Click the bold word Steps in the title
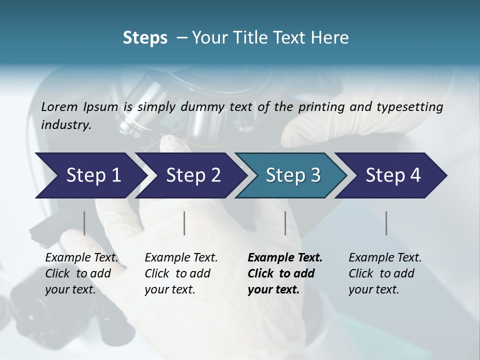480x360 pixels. click(145, 38)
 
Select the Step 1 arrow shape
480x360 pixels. click(90, 175)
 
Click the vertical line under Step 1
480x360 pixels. click(84, 223)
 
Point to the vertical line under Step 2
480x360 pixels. click(184, 223)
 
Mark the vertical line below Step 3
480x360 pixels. click(285, 223)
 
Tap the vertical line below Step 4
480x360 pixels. click(386, 223)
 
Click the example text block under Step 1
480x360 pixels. click(81, 273)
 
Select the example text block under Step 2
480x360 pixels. click(181, 273)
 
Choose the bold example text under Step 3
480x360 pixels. click(284, 273)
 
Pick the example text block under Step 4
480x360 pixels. click(385, 273)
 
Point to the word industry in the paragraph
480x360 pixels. click(66, 124)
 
